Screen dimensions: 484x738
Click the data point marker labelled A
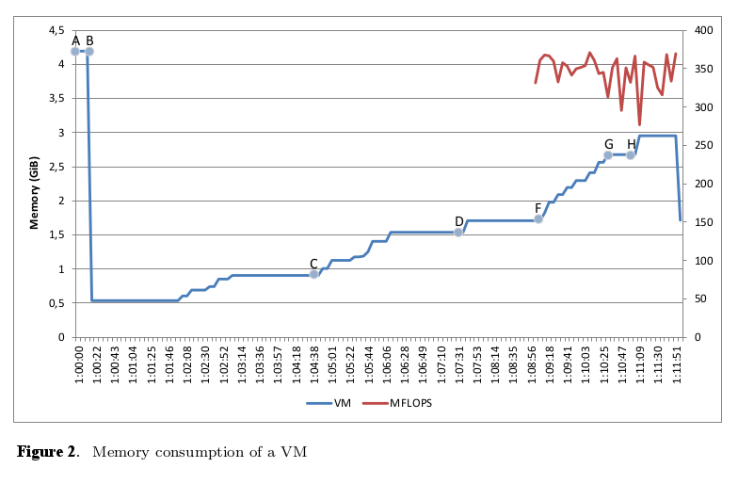pos(75,51)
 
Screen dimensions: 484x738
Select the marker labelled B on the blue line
pos(89,51)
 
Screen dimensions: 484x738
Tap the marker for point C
pos(314,274)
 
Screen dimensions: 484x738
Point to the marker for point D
pos(458,232)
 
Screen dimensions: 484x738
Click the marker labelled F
pos(538,218)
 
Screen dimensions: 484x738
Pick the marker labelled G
pos(608,155)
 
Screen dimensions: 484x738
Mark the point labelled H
pos(631,155)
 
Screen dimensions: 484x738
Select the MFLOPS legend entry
pos(406,403)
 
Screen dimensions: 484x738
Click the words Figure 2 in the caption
pos(47,452)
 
